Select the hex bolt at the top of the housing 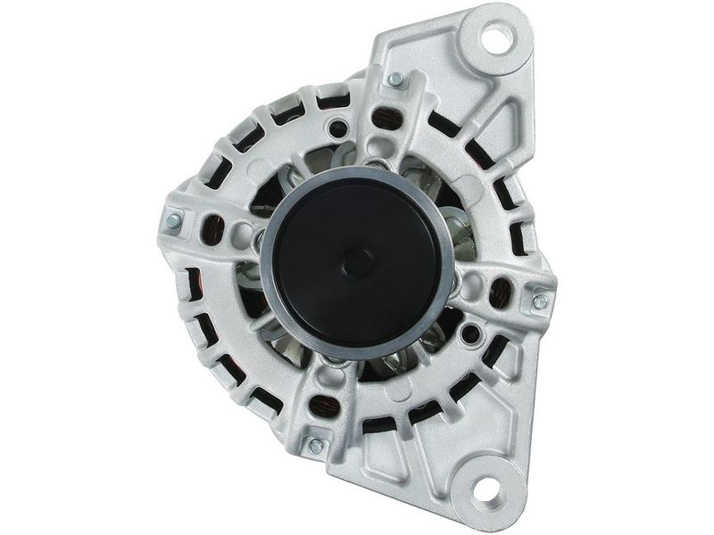394,80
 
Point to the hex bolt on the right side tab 540,301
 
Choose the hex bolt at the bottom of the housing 314,444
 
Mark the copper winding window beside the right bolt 502,291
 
